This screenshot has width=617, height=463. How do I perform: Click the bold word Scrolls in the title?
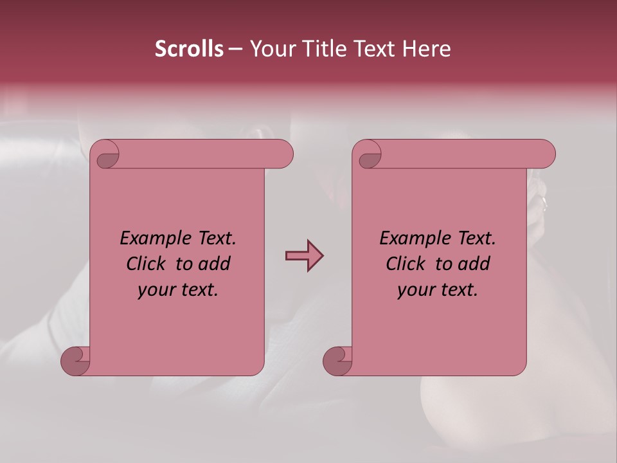pos(189,49)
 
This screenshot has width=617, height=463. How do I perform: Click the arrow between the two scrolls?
pos(304,256)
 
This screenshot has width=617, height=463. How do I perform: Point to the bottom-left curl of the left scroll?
pos(76,361)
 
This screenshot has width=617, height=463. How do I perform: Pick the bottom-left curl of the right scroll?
pos(338,361)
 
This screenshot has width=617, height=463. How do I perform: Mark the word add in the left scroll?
pos(214,264)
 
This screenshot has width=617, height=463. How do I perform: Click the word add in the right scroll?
pos(474,264)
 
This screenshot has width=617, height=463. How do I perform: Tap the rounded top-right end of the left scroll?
pos(284,154)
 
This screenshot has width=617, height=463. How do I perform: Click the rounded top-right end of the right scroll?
pos(546,154)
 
